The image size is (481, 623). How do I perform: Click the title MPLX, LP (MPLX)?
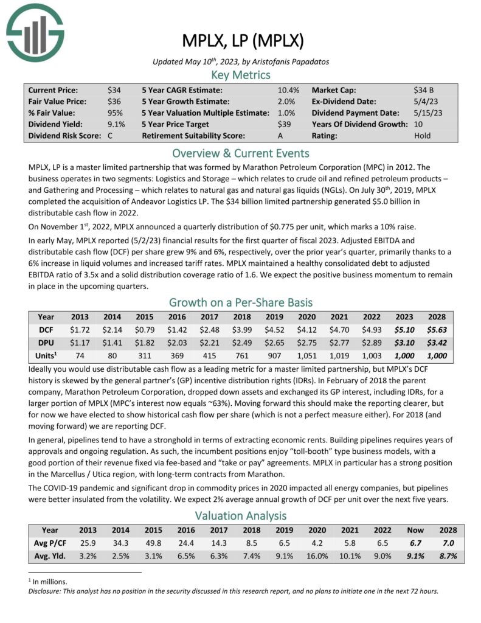click(x=242, y=42)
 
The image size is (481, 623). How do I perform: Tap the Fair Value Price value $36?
click(x=114, y=101)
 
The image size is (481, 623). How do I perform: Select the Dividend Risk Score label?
click(x=64, y=136)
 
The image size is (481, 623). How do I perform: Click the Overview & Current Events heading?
click(x=241, y=153)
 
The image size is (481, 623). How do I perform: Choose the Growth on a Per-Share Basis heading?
click(x=241, y=302)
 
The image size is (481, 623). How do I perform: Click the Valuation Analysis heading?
click(x=241, y=515)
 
